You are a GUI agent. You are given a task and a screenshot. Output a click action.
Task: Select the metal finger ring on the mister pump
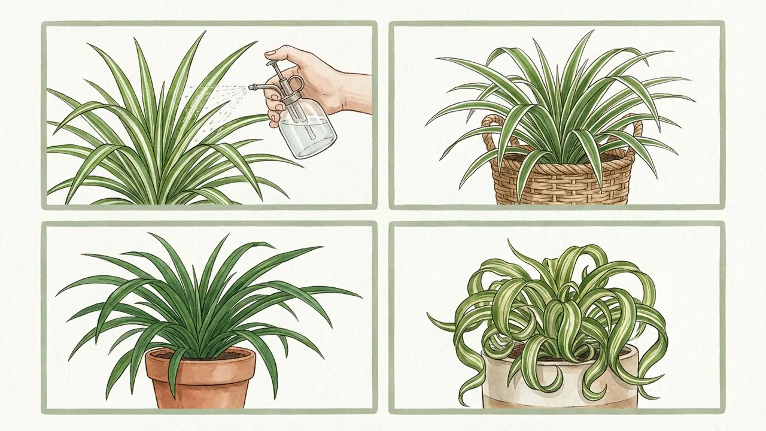296,84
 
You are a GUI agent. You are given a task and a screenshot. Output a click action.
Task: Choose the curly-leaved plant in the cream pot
557,299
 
